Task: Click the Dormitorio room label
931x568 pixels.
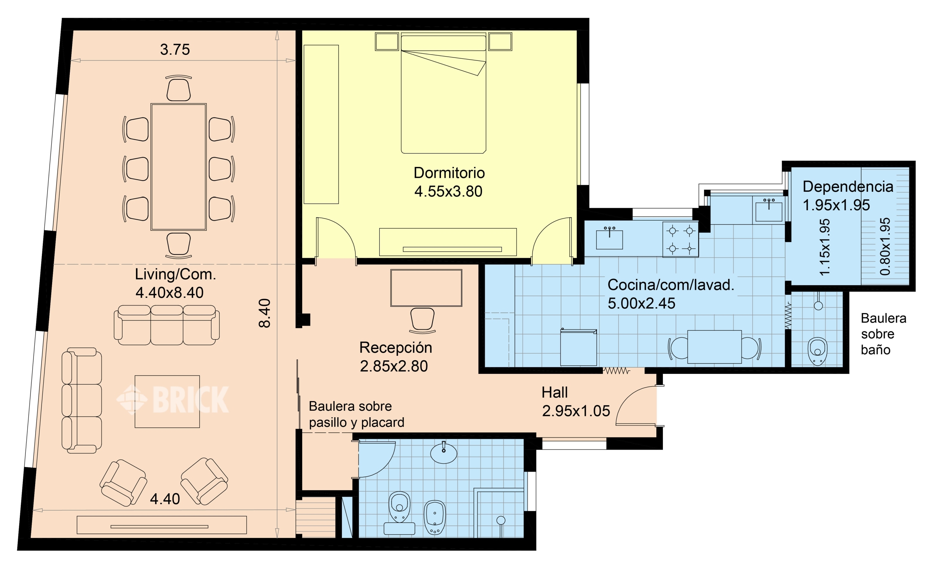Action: tap(449, 173)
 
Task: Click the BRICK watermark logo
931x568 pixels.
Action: tap(173, 399)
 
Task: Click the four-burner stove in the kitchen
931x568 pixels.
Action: tap(681, 239)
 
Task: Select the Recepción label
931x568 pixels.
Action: tap(396, 347)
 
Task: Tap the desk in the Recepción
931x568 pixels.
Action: tap(426, 288)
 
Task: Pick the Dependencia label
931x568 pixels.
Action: tap(848, 186)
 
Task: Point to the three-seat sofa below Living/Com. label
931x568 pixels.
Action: tap(167, 325)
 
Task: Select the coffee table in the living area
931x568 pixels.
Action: tap(167, 401)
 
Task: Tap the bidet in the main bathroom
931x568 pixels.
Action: tap(435, 517)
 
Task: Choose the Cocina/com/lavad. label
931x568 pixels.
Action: tap(671, 285)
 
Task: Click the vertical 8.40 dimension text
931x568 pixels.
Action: tap(265, 313)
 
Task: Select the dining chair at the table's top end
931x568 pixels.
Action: tap(179, 88)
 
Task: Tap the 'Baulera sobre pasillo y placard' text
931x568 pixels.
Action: tap(356, 414)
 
